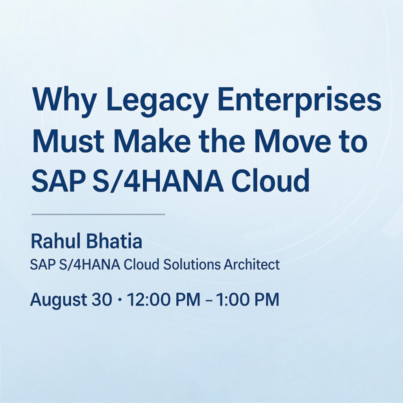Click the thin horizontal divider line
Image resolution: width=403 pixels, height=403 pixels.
(x=98, y=214)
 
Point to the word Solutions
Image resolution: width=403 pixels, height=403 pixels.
(x=192, y=265)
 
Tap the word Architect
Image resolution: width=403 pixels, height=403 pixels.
(x=251, y=265)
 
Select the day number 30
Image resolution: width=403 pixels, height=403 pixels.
(x=102, y=299)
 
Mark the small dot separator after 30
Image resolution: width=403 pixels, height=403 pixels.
(x=119, y=300)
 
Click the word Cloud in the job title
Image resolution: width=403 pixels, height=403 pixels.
(x=141, y=265)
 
